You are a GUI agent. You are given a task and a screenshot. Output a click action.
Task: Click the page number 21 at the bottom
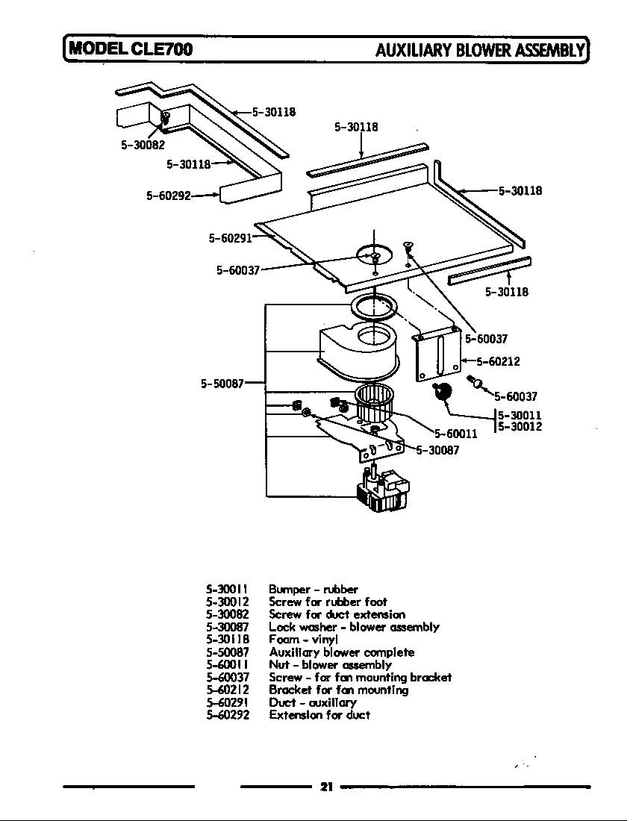(325, 786)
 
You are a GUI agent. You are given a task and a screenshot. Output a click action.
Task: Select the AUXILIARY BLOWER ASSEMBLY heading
(479, 50)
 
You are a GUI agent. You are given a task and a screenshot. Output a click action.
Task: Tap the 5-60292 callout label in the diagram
(169, 196)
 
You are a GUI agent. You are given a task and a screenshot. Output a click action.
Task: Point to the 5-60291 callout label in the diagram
(230, 238)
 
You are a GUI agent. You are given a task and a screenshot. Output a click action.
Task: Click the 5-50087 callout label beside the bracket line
(222, 384)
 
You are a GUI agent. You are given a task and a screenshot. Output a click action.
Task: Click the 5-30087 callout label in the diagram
(437, 449)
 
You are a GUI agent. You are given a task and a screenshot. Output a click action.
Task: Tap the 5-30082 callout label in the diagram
(143, 145)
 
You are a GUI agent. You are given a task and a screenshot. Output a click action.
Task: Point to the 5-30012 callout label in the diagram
(520, 427)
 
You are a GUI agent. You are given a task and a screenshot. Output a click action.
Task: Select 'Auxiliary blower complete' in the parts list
(341, 652)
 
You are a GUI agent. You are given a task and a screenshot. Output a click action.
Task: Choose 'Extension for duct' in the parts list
(319, 714)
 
